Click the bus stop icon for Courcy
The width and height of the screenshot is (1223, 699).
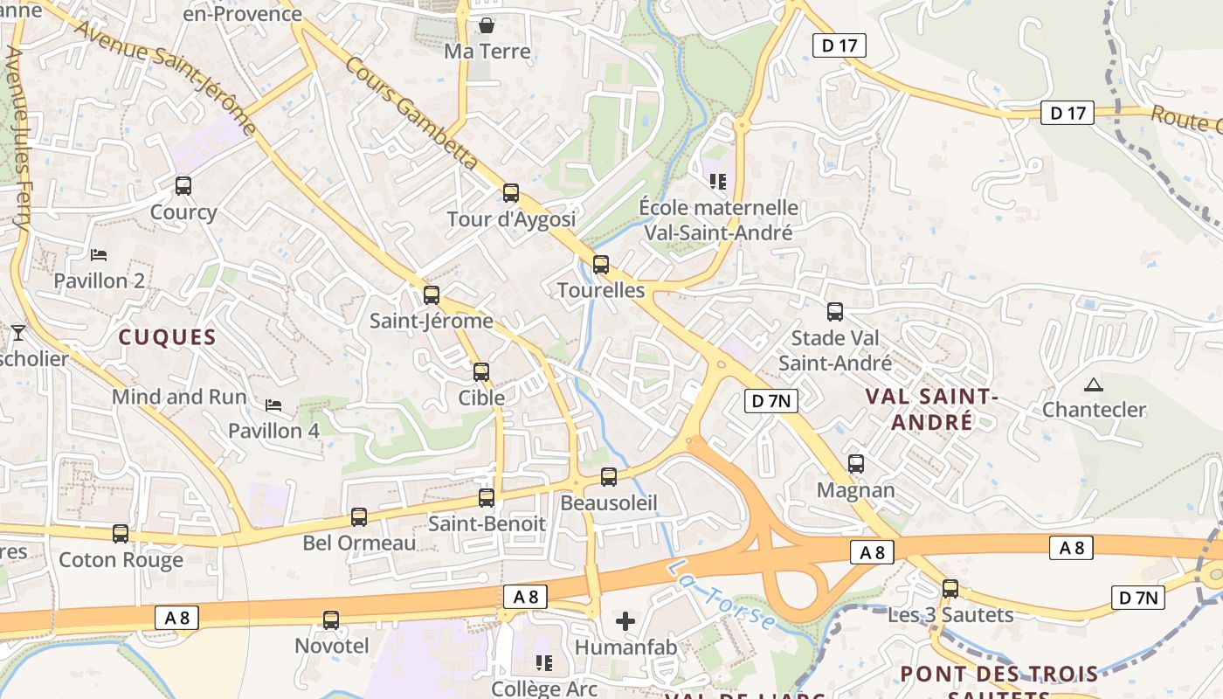coord(183,185)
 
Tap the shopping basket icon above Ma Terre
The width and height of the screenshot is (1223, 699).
coord(487,24)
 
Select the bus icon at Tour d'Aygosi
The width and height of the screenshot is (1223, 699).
coord(511,192)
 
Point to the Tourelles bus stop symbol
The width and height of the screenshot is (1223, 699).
coord(601,264)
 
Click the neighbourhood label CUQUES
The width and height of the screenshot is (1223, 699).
coord(167,337)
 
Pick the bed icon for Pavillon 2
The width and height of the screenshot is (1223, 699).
coord(99,255)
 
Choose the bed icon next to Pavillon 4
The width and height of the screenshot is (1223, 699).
coord(273,405)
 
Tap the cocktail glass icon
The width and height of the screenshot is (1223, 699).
coord(17,333)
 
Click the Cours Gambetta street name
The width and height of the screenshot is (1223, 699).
coord(411,114)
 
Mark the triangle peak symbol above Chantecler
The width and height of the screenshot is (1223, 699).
coord(1093,384)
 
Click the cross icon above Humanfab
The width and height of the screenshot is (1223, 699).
coord(625,621)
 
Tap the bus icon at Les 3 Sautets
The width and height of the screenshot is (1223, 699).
coord(950,588)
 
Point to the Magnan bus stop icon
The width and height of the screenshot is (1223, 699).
coord(856,463)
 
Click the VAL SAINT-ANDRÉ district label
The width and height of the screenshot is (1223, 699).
coord(931,409)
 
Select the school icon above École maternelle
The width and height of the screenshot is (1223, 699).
coord(718,182)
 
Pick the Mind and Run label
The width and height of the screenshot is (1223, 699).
coord(179,397)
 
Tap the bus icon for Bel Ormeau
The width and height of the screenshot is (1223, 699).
coord(359,516)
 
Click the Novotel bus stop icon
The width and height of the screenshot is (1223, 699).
coord(331,619)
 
